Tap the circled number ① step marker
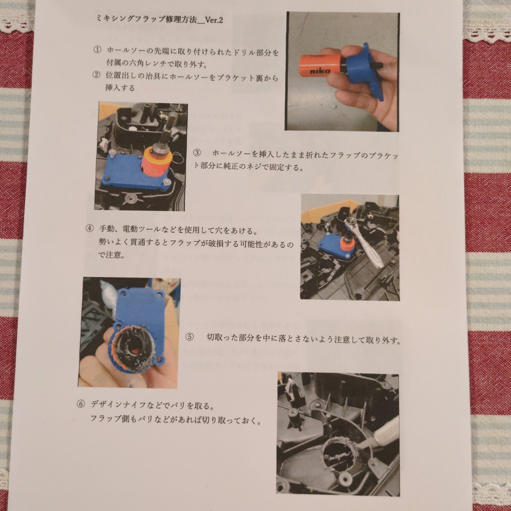[x=97, y=51]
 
